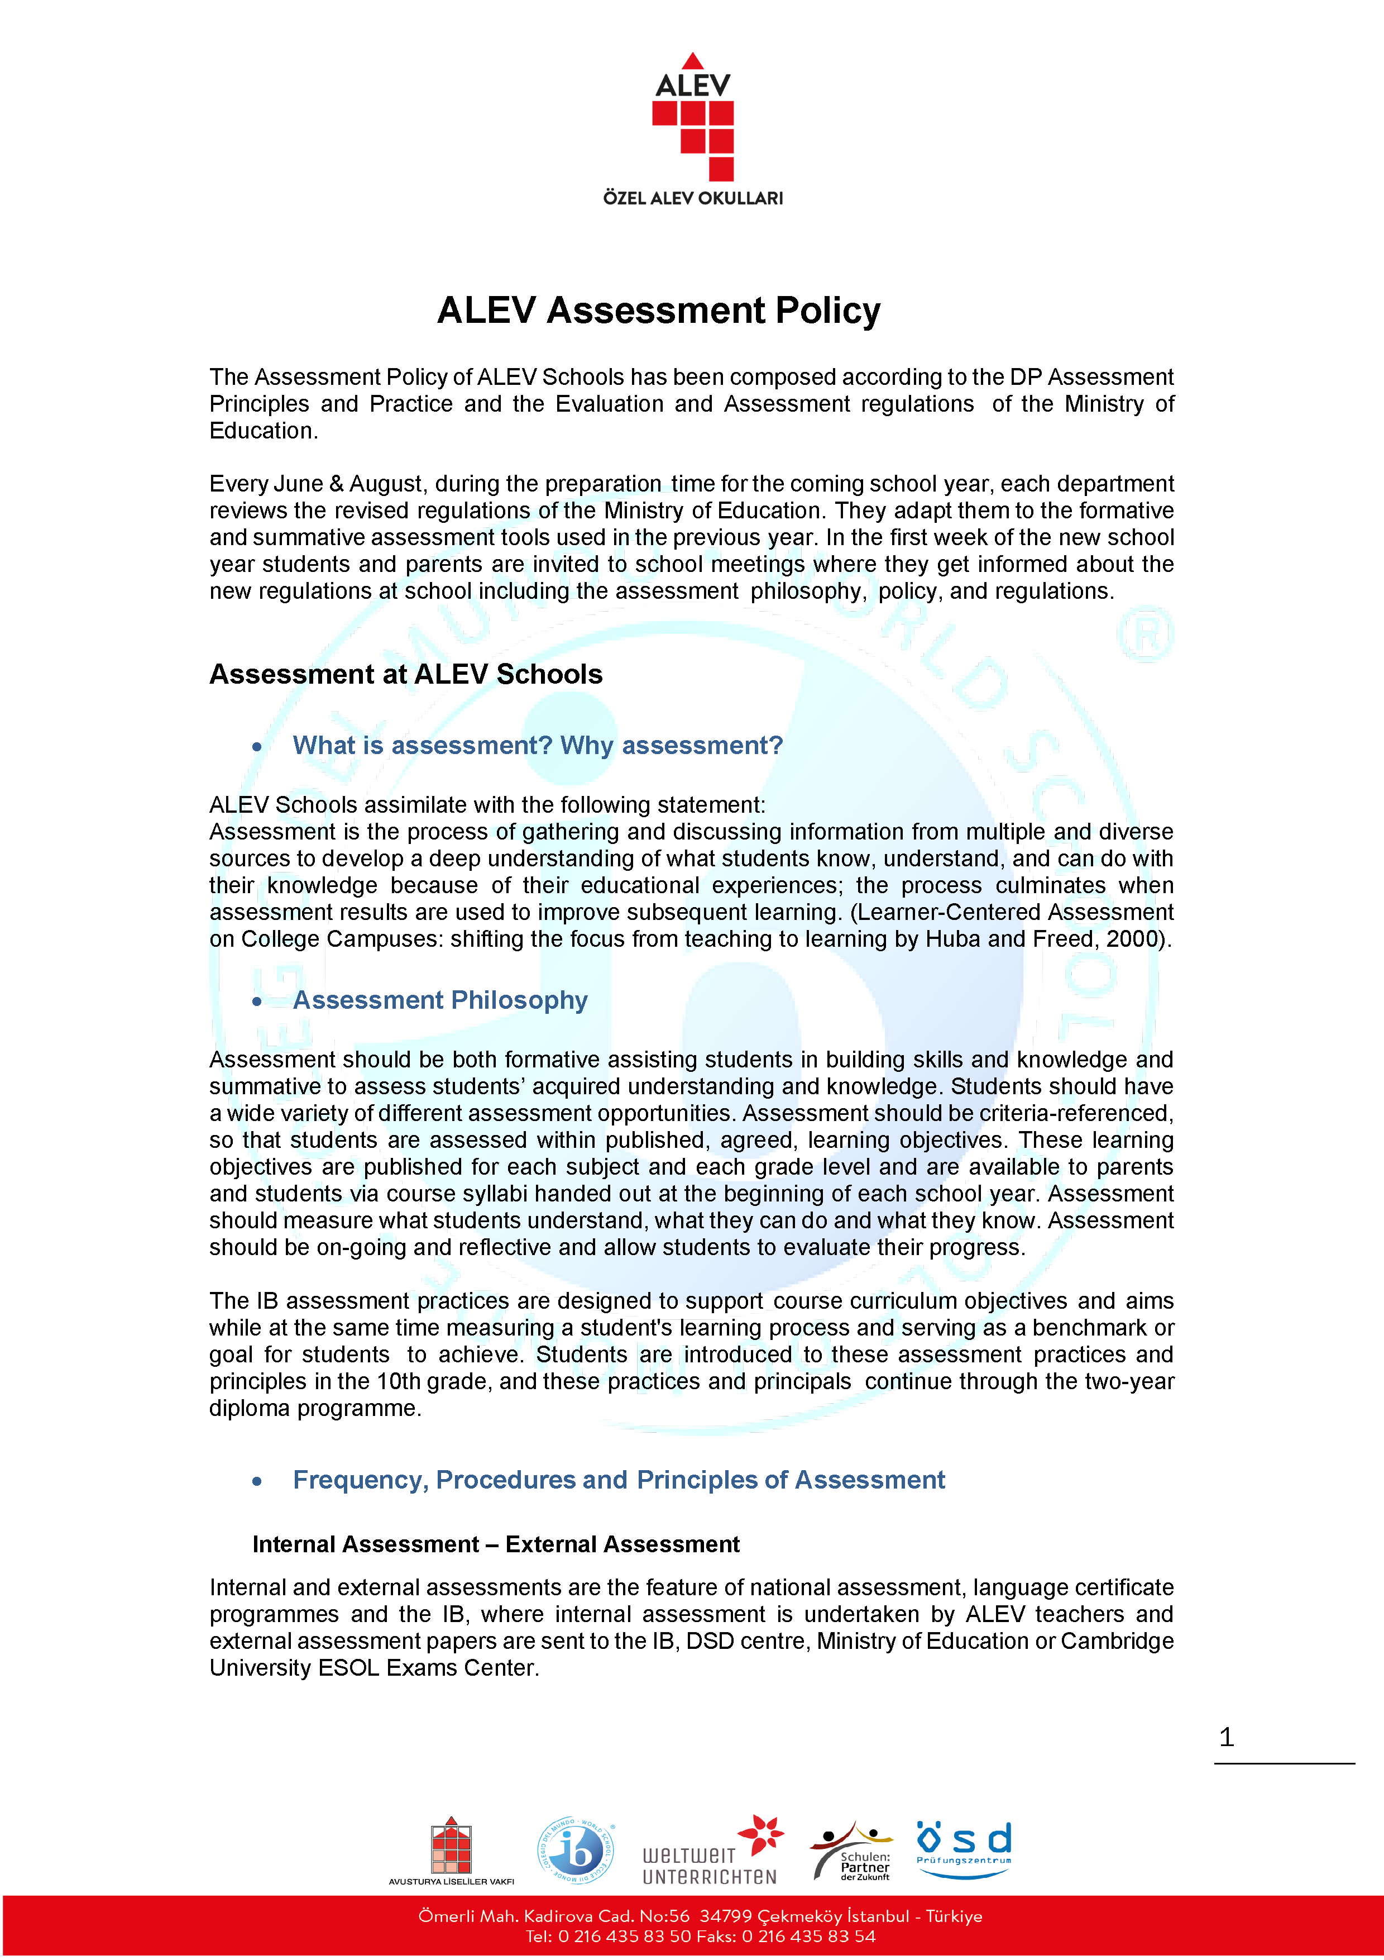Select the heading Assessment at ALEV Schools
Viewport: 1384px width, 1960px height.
pyautogui.click(x=406, y=674)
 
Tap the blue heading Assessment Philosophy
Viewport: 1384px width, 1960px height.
pyautogui.click(x=440, y=1000)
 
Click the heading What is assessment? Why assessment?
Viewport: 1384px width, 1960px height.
pyautogui.click(x=538, y=745)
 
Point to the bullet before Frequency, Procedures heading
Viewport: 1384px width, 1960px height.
pyautogui.click(x=257, y=1481)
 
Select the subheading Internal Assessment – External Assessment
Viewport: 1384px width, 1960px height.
pyautogui.click(x=496, y=1544)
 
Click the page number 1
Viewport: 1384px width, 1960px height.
pyautogui.click(x=1226, y=1737)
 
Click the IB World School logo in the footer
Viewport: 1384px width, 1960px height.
pyautogui.click(x=576, y=1850)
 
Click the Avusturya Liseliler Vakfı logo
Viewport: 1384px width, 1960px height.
pyautogui.click(x=452, y=1851)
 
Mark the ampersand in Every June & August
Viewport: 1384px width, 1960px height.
pyautogui.click(x=336, y=484)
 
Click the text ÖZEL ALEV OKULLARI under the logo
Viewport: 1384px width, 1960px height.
pyautogui.click(x=693, y=198)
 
